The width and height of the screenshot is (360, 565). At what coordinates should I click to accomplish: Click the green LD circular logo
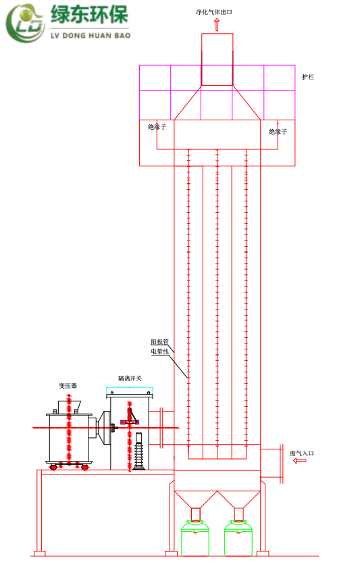[25, 24]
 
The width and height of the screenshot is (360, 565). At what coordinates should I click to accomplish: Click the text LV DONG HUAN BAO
[91, 36]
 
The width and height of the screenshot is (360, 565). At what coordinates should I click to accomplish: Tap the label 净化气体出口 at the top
[214, 12]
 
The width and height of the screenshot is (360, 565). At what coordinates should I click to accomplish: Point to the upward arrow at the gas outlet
[217, 25]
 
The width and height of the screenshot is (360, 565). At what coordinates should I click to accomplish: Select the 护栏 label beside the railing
[308, 77]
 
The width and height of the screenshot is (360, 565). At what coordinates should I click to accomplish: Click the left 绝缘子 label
[157, 127]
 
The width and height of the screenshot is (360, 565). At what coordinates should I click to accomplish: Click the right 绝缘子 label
[278, 132]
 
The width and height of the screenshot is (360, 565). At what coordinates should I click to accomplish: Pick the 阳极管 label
[159, 341]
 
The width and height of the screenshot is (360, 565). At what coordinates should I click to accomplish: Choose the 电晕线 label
[159, 351]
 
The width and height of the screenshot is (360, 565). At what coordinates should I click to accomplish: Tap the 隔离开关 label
[130, 378]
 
